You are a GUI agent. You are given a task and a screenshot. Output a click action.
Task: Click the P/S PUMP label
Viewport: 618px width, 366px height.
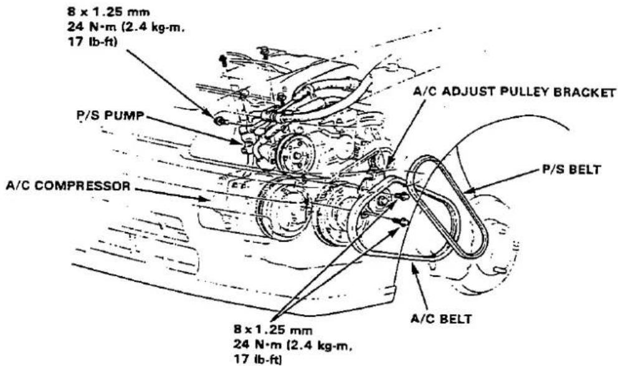(x=110, y=116)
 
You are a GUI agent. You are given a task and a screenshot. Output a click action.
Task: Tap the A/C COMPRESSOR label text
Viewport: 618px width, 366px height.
(x=68, y=186)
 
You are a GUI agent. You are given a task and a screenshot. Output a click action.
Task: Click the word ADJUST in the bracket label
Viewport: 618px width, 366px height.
(x=468, y=92)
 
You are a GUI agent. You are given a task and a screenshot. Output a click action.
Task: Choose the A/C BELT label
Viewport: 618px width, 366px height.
(x=441, y=319)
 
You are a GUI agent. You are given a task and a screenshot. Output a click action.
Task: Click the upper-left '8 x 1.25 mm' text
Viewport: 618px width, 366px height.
(x=108, y=12)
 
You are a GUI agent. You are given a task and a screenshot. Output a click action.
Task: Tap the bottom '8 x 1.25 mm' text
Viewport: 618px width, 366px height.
(x=273, y=330)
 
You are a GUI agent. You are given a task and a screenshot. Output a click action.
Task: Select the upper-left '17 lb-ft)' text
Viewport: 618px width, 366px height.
(x=93, y=42)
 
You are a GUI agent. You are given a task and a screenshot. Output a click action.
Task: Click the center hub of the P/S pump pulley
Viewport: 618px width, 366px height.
(x=297, y=155)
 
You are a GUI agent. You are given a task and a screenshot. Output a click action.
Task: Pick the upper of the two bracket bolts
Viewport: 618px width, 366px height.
(x=401, y=196)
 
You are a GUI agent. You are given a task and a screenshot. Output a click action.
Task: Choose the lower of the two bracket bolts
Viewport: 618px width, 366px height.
(x=403, y=223)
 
